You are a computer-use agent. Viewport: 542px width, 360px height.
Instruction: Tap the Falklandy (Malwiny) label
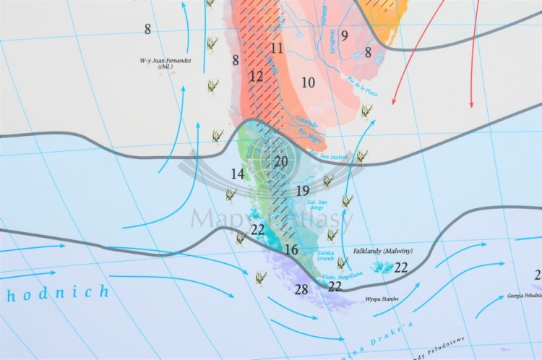pyautogui.click(x=382, y=251)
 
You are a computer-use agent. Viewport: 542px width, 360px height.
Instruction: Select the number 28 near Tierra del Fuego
pyautogui.click(x=301, y=290)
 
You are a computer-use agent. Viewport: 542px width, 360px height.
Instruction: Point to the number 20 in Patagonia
pyautogui.click(x=281, y=162)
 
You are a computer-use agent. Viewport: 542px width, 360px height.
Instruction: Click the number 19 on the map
pyautogui.click(x=303, y=191)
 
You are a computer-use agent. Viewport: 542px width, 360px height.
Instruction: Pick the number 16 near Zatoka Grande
pyautogui.click(x=291, y=249)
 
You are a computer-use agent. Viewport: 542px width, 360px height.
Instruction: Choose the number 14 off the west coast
pyautogui.click(x=238, y=174)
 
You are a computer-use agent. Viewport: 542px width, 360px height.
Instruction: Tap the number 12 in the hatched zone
pyautogui.click(x=257, y=76)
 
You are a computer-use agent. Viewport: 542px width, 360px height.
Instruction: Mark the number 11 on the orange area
pyautogui.click(x=277, y=48)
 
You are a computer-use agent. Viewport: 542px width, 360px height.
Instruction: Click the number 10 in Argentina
pyautogui.click(x=309, y=82)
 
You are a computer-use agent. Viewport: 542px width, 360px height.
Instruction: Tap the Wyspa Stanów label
pyautogui.click(x=382, y=298)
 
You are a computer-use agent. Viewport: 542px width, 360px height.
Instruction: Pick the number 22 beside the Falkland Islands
pyautogui.click(x=401, y=267)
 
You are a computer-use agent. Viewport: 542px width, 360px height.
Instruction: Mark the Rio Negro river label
pyautogui.click(x=309, y=134)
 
